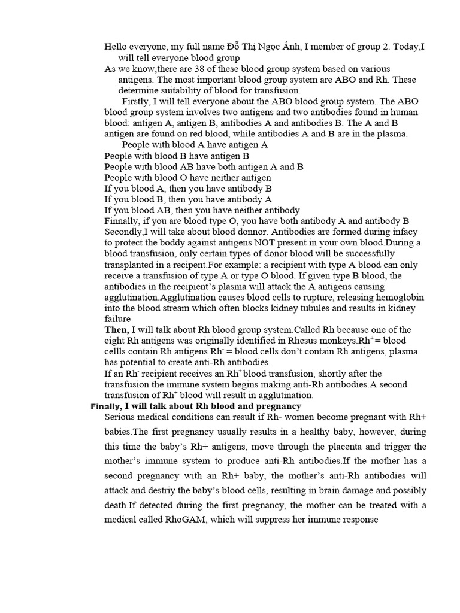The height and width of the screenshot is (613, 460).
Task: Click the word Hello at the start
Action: click(117, 47)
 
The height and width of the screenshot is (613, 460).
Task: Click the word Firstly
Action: click(138, 101)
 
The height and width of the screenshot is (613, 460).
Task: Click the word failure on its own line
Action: click(117, 319)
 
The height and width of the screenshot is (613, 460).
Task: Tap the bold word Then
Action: click(116, 330)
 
